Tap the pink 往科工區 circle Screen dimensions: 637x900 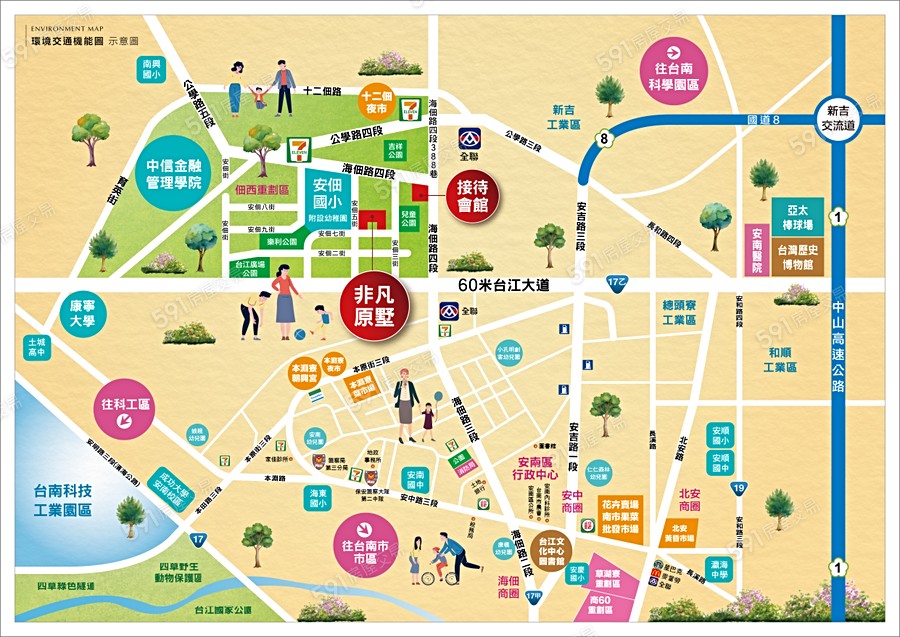[x=126, y=411]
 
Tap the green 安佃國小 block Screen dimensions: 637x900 [x=328, y=201]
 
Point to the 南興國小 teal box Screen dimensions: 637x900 [x=153, y=68]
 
